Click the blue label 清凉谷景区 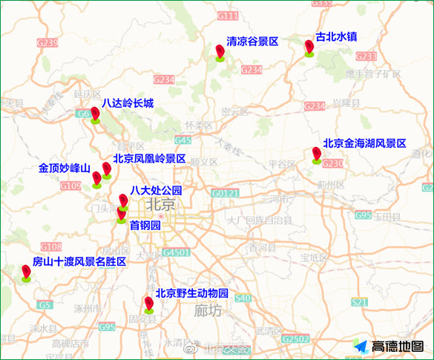252,42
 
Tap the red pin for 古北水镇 309,48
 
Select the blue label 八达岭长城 128,103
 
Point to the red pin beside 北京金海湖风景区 317,154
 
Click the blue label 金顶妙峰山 64,168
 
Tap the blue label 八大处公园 156,191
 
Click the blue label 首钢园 145,224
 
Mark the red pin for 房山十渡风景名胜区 27,273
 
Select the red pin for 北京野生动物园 149,304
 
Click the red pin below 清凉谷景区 220,52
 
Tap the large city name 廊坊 207,311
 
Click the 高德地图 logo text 398,346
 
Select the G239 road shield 47,43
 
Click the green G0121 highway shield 225,193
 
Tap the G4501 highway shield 177,252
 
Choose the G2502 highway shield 295,338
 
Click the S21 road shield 359,302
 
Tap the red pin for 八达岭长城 95,114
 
